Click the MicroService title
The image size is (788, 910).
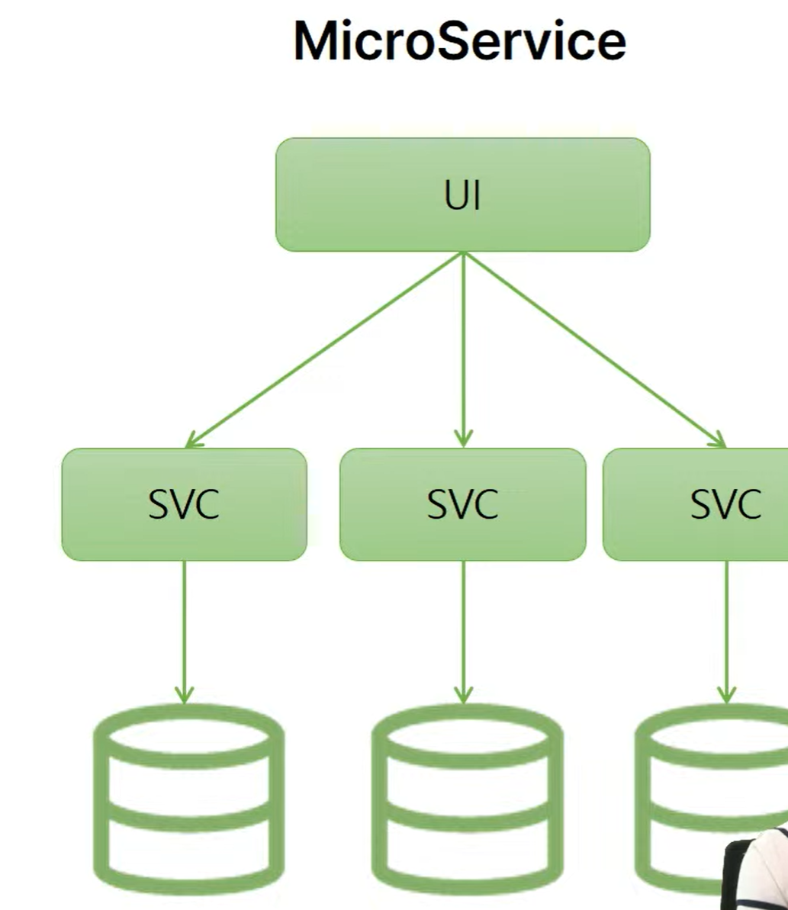pyautogui.click(x=459, y=42)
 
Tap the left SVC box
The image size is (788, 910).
pyautogui.click(x=184, y=504)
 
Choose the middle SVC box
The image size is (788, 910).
pyautogui.click(x=462, y=504)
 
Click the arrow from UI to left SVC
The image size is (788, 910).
pyautogui.click(x=324, y=349)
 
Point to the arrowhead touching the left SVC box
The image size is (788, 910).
pyautogui.click(x=193, y=440)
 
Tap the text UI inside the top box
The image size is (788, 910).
pyautogui.click(x=462, y=196)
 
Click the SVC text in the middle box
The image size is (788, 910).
pyautogui.click(x=462, y=504)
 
